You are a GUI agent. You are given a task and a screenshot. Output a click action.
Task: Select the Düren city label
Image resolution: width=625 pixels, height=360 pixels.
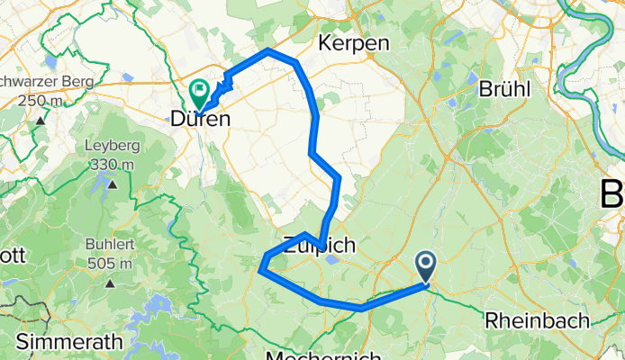[198, 119]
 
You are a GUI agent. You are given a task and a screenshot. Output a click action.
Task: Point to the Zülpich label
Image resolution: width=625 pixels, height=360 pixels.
[320, 244]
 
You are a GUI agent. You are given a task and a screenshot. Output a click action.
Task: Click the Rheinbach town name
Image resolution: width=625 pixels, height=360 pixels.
[537, 319]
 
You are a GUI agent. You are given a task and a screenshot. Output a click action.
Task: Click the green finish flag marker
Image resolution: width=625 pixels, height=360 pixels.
[199, 91]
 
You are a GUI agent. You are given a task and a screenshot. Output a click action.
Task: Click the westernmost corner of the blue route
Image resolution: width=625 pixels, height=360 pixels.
[260, 268]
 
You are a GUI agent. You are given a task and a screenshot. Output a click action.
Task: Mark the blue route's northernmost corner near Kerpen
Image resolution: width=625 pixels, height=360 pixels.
[269, 51]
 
